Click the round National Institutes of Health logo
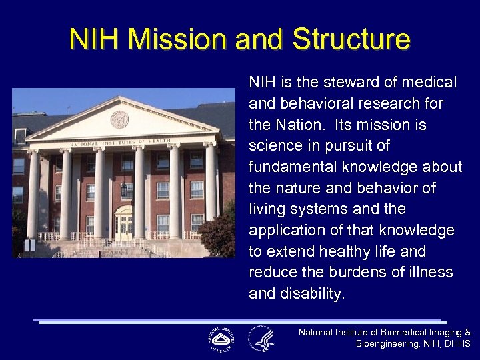(221, 339)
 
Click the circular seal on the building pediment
(119, 119)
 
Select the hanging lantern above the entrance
(123, 189)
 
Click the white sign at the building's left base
(29, 245)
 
